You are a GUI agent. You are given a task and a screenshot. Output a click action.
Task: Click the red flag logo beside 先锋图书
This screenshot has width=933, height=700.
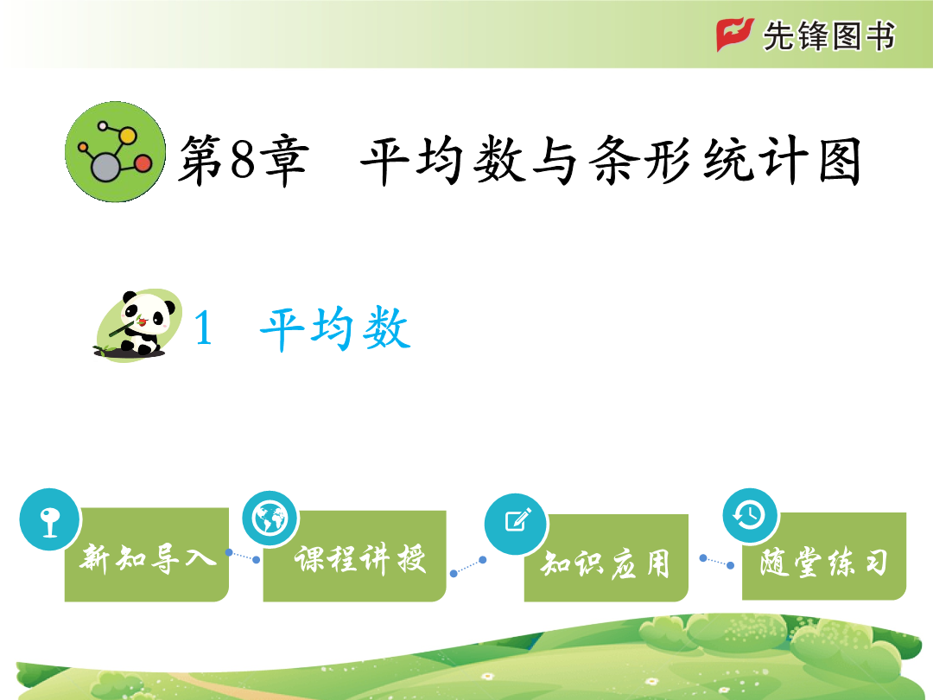click(734, 35)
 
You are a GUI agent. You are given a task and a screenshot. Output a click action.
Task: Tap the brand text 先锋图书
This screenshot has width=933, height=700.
click(828, 35)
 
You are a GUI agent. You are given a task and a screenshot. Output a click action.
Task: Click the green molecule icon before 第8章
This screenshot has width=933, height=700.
click(115, 152)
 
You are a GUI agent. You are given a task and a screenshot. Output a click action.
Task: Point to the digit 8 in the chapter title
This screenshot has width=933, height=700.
click(243, 160)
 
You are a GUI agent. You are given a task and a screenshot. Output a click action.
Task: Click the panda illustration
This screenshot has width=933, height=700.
click(138, 325)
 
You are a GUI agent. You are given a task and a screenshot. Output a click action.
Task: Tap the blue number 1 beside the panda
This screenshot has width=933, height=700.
click(204, 328)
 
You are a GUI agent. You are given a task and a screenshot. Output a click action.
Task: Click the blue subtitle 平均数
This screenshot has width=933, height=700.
click(335, 328)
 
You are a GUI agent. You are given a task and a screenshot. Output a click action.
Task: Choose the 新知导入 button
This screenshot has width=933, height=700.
click(146, 555)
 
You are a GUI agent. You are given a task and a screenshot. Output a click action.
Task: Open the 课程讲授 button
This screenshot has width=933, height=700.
click(355, 556)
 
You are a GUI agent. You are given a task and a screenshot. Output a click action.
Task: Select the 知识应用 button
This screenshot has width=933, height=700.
click(606, 557)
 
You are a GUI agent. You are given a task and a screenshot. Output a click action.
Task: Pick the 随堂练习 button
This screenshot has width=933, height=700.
click(824, 556)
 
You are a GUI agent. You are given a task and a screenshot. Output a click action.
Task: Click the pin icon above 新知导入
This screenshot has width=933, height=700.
click(49, 519)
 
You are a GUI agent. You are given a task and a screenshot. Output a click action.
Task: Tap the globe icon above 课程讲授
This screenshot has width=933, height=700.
click(270, 519)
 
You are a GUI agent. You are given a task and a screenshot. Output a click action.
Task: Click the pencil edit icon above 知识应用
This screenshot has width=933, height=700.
click(516, 523)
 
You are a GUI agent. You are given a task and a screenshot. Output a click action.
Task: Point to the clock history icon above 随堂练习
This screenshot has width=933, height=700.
click(750, 515)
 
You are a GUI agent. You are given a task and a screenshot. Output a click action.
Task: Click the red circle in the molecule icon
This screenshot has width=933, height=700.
click(143, 163)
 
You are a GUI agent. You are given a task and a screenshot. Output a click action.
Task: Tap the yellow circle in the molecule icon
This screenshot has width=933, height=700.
click(127, 136)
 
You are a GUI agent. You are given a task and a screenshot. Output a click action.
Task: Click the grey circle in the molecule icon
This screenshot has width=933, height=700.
click(106, 168)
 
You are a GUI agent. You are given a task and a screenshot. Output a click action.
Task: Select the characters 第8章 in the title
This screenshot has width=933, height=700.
click(244, 161)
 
